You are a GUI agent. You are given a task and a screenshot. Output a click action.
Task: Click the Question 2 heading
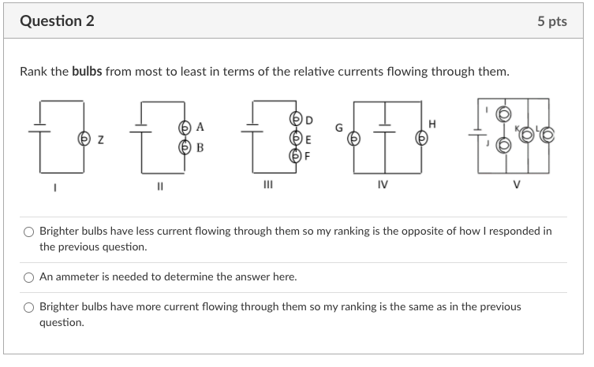pyautogui.click(x=57, y=21)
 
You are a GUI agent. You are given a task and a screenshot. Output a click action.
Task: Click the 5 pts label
pyautogui.click(x=551, y=21)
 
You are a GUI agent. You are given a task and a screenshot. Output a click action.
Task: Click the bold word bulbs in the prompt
pyautogui.click(x=87, y=72)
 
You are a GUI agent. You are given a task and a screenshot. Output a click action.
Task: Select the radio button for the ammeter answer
pyautogui.click(x=29, y=277)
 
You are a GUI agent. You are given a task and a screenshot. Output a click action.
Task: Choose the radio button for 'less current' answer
pyautogui.click(x=29, y=232)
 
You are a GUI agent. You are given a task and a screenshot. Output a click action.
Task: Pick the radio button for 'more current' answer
pyautogui.click(x=29, y=307)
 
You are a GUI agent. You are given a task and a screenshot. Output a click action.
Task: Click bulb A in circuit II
pyautogui.click(x=185, y=127)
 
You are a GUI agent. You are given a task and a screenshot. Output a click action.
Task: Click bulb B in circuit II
pyautogui.click(x=185, y=146)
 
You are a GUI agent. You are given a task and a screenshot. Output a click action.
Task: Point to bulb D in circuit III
pyautogui.click(x=297, y=120)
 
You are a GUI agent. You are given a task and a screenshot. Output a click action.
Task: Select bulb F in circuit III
pyautogui.click(x=297, y=155)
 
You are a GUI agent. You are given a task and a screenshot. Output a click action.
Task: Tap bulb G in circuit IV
pyautogui.click(x=354, y=138)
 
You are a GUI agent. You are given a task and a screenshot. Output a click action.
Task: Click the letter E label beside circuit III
pyautogui.click(x=308, y=138)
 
